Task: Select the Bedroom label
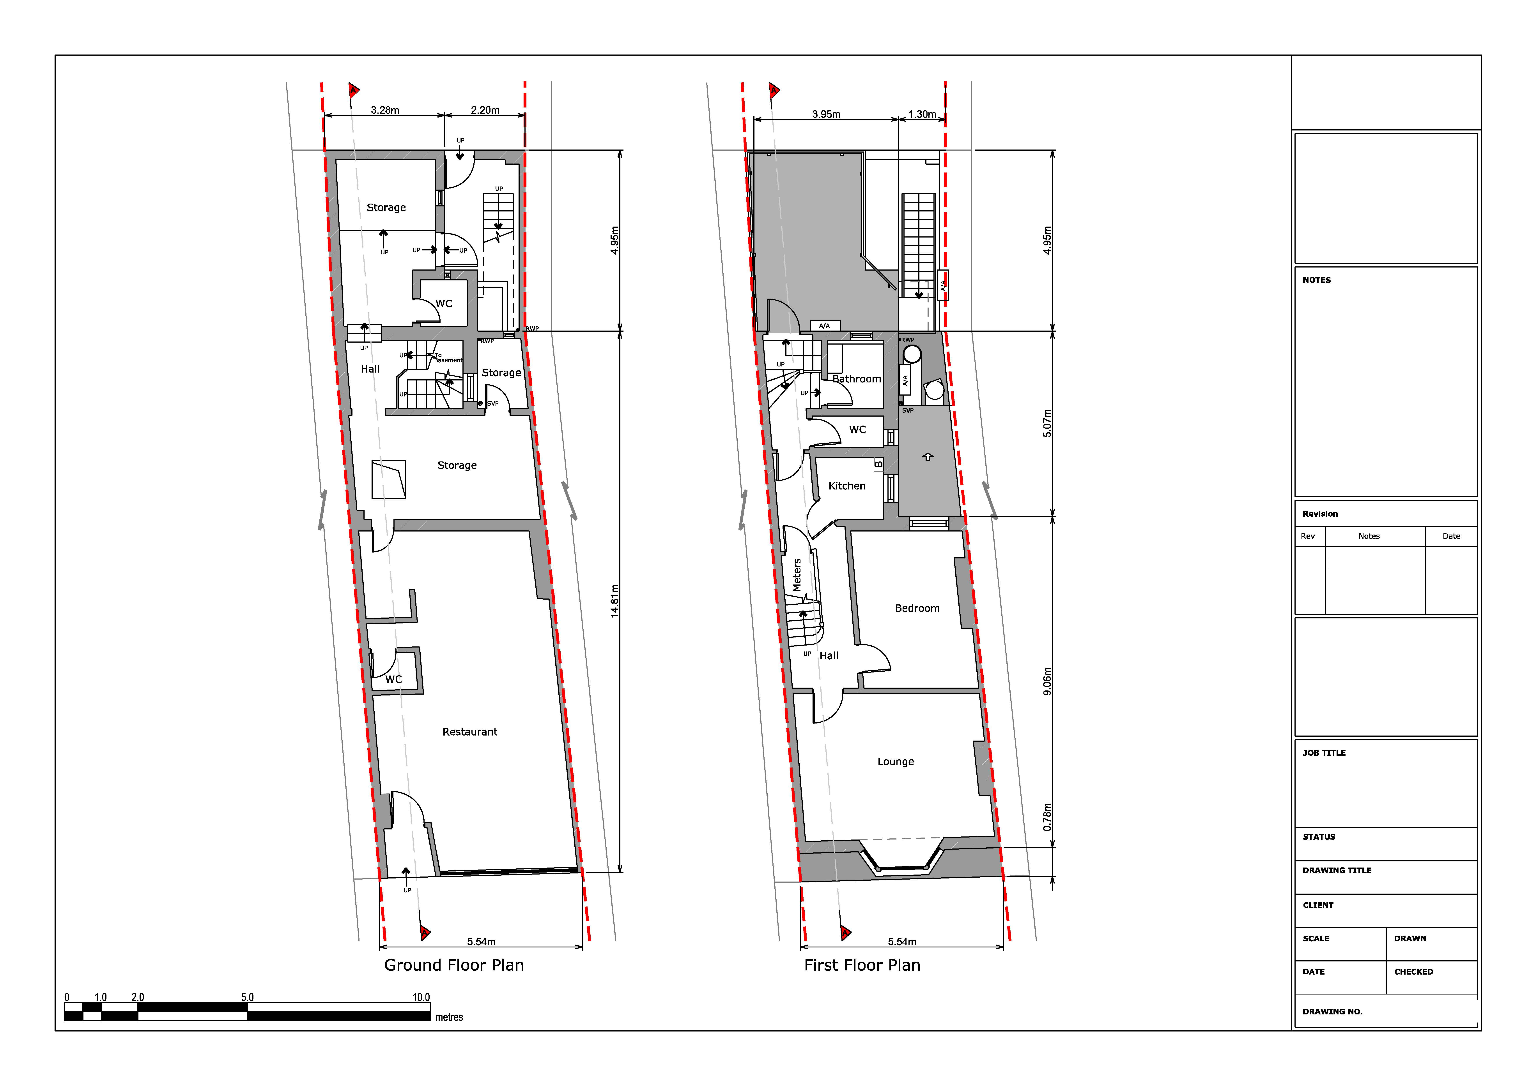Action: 917,608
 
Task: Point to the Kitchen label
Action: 847,486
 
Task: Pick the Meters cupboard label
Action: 797,575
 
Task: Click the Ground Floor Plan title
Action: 454,965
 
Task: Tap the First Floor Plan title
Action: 862,965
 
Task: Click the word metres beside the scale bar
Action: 449,1017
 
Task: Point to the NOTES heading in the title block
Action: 1317,280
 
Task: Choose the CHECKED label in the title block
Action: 1414,972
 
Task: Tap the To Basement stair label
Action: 448,358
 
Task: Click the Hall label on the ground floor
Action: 370,369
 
